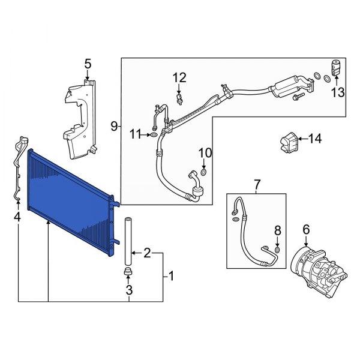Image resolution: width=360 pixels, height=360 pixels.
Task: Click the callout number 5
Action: pos(88,63)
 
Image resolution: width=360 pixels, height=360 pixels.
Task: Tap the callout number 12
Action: pos(179,77)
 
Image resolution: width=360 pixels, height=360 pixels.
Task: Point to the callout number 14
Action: pos(314,139)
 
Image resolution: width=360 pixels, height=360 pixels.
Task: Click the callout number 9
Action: pos(113,126)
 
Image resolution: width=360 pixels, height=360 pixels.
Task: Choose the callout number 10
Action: pos(205,152)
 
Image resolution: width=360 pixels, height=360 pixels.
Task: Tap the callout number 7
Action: pos(257,184)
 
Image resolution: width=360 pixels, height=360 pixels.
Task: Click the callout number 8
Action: pos(277,230)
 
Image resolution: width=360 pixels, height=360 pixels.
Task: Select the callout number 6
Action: pos(305,229)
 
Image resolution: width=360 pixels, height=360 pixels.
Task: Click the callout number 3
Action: pos(128,292)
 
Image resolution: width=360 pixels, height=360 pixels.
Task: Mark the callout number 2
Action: pos(146,253)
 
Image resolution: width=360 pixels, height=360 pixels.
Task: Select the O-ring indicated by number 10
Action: pos(204,173)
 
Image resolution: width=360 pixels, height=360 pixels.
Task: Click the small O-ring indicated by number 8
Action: pos(277,249)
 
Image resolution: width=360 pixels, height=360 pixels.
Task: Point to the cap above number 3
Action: pos(128,274)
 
